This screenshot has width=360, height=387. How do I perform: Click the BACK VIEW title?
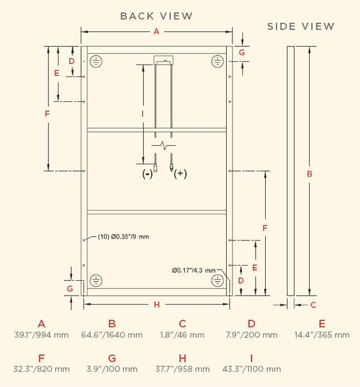pyautogui.click(x=156, y=16)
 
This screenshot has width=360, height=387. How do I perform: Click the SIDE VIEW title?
pyautogui.click(x=301, y=26)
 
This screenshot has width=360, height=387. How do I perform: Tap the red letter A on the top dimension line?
pyautogui.click(x=157, y=32)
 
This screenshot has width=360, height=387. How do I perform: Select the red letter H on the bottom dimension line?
pyautogui.click(x=157, y=305)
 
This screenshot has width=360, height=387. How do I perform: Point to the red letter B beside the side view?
pyautogui.click(x=310, y=174)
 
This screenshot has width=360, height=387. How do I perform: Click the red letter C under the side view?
pyautogui.click(x=313, y=305)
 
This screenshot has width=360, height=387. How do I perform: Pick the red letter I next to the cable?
pyautogui.click(x=142, y=114)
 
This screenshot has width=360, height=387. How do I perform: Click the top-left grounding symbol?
pyautogui.click(x=96, y=61)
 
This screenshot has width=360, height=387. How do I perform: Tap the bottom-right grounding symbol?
pyautogui.click(x=217, y=281)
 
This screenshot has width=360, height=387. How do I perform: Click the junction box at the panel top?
pyautogui.click(x=163, y=60)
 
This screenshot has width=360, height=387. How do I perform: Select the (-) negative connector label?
pyautogui.click(x=147, y=174)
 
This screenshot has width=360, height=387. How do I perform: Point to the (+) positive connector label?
pyautogui.click(x=180, y=174)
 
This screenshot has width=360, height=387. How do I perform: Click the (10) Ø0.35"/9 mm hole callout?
pyautogui.click(x=124, y=237)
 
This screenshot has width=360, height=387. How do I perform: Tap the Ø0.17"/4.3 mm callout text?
pyautogui.click(x=194, y=271)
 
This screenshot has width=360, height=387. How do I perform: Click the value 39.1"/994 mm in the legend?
pyautogui.click(x=41, y=335)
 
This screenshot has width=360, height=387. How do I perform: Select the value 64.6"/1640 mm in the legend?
pyautogui.click(x=112, y=335)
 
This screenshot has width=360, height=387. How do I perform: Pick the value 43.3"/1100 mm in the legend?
pyautogui.click(x=251, y=369)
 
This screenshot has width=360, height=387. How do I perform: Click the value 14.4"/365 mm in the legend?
pyautogui.click(x=322, y=335)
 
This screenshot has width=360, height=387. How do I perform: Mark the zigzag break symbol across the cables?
pyautogui.click(x=163, y=146)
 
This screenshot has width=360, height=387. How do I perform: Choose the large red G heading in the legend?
pyautogui.click(x=112, y=358)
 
